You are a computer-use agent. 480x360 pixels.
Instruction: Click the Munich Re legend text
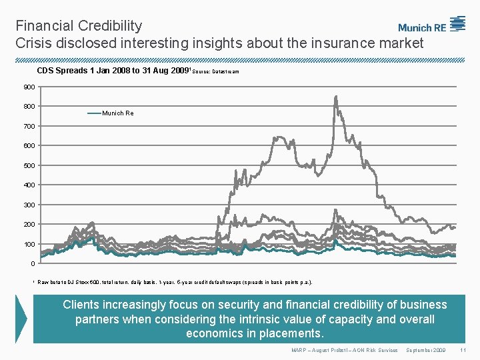coord(118,113)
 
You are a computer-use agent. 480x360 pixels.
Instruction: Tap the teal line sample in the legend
coord(94,113)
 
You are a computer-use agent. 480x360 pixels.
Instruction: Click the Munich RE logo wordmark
coord(422,28)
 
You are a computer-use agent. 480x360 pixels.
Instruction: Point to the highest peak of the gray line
coord(335,97)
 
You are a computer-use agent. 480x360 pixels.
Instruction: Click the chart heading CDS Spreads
coord(63,70)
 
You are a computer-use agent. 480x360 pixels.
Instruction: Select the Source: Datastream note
coord(216,71)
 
